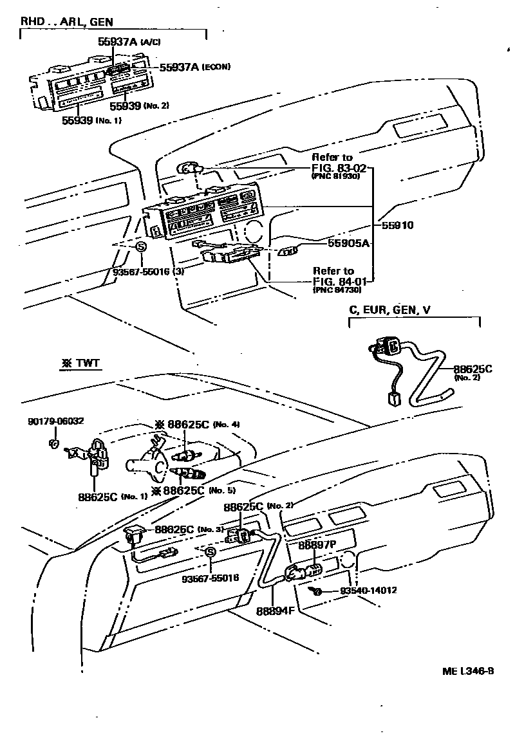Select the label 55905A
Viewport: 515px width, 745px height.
[348, 243]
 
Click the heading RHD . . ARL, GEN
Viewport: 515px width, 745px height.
[67, 22]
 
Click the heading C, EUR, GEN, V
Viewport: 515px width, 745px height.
[389, 310]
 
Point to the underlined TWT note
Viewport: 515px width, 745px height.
[80, 363]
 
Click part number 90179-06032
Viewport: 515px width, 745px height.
[56, 421]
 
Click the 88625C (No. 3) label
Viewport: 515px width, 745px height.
[182, 529]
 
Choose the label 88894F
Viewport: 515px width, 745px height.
[274, 611]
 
